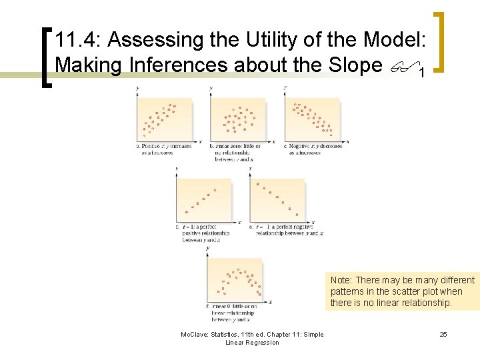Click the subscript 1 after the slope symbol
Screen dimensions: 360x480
(422, 71)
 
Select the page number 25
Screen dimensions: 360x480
(443, 334)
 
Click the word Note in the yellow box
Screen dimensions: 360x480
(342, 280)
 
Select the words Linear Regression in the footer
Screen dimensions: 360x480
(252, 343)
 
